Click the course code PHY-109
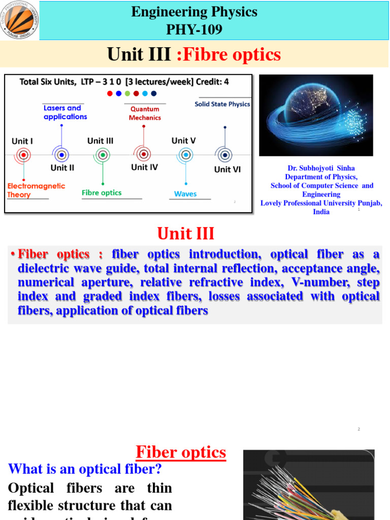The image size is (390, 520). coord(194,29)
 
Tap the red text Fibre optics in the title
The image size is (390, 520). coord(229,55)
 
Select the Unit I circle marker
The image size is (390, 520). coord(23,154)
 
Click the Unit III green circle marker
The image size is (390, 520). coord(103,154)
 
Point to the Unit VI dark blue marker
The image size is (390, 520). coord(224,154)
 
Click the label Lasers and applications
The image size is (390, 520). coord(65,112)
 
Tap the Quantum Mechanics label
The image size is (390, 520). coord(145,113)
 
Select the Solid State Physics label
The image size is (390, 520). coord(222,104)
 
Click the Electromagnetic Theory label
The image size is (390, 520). coord(36,190)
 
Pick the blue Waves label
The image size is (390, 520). coord(185,193)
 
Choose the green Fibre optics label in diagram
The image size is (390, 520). coord(102,192)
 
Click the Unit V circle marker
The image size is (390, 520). coord(186,154)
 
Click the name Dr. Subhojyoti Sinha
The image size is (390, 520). coord(321,168)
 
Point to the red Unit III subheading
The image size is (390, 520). coord(186,234)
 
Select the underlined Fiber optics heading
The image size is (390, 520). coord(181,452)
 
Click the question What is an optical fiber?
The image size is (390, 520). coord(85,469)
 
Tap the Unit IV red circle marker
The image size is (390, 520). coord(144,154)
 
